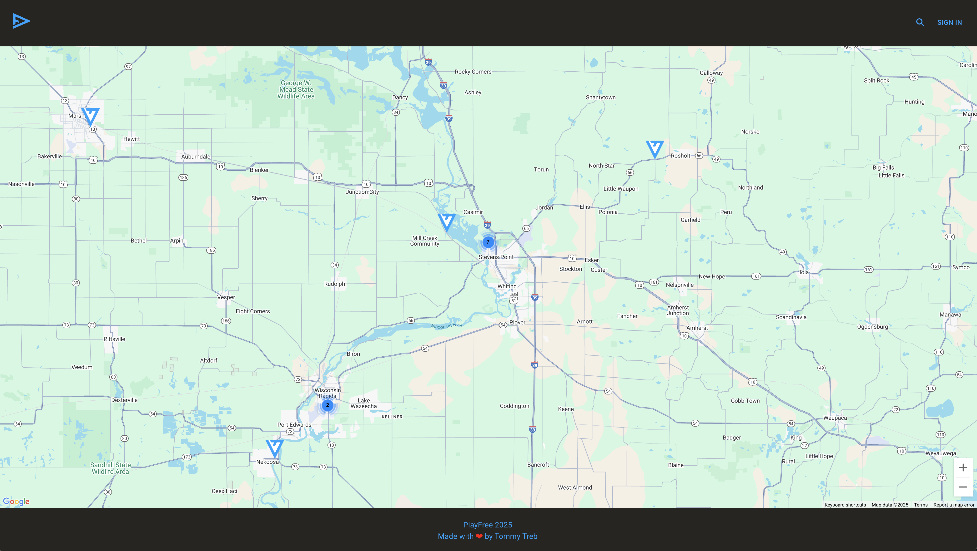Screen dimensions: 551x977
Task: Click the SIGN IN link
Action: pos(949,22)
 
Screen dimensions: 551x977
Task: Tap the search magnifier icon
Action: pos(920,22)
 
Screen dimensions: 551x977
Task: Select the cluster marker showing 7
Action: pos(488,242)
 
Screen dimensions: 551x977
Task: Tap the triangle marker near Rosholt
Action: pos(655,148)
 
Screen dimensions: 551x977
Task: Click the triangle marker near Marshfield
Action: pos(91,116)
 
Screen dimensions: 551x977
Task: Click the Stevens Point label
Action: pos(496,257)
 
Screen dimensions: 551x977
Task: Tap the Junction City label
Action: pos(362,192)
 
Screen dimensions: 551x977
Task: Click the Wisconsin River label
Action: pos(446,325)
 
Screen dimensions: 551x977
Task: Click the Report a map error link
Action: pos(953,505)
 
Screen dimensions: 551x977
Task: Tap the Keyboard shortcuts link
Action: pos(845,505)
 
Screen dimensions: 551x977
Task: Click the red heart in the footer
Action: pos(479,536)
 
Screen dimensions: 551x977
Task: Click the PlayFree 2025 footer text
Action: pos(487,525)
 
